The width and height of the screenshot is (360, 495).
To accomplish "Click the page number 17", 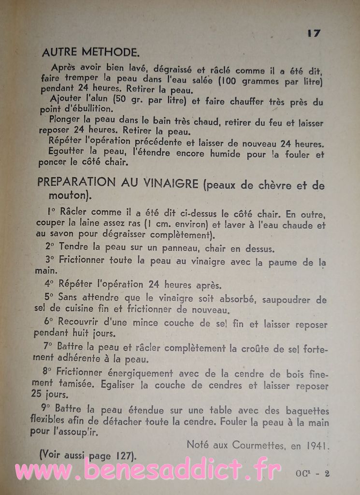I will (314, 33).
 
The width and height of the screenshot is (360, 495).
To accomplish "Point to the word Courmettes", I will (257, 445).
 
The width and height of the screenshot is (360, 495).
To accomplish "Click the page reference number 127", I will (124, 455).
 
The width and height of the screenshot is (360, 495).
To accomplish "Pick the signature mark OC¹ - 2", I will (311, 473).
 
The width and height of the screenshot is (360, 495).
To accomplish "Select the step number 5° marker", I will (48, 297).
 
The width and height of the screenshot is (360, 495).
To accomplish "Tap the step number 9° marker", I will (45, 408).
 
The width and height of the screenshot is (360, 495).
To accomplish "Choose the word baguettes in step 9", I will (306, 411).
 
